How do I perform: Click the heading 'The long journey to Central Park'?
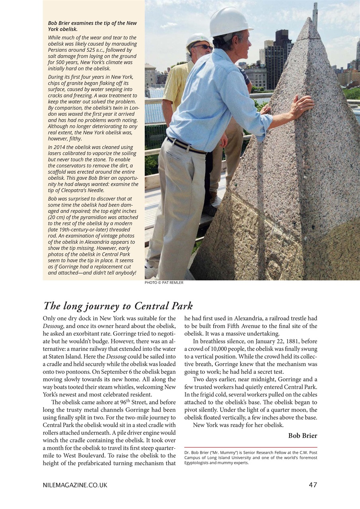point(118,306)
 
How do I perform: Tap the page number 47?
point(313,485)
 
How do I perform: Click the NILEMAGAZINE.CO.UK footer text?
point(75,485)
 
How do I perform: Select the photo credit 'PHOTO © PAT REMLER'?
point(164,283)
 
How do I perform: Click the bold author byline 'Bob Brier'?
point(302,435)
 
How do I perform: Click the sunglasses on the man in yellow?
point(202,47)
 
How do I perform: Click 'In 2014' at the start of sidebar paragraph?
point(58,147)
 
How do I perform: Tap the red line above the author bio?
point(251,447)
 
